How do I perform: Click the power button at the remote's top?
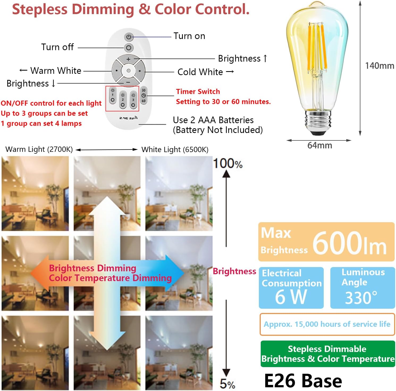coord(129,37)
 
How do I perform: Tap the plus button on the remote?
coord(128,59)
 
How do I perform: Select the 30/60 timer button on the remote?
coord(144,96)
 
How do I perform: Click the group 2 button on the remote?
coord(123,100)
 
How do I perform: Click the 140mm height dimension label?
coord(380,66)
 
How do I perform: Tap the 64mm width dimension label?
coord(320,145)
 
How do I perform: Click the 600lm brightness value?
coord(349,243)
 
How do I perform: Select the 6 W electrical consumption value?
coord(291,297)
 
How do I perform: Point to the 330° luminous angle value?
coord(361,298)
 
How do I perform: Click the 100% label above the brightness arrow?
coord(228,164)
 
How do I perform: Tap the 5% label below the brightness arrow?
coord(228,384)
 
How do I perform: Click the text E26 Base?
coord(303,381)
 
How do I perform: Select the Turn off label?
coord(57,47)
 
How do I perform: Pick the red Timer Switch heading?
coord(198,92)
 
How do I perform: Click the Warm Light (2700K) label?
coord(39,149)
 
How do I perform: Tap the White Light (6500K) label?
coord(175,149)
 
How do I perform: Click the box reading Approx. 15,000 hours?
coord(327,324)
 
